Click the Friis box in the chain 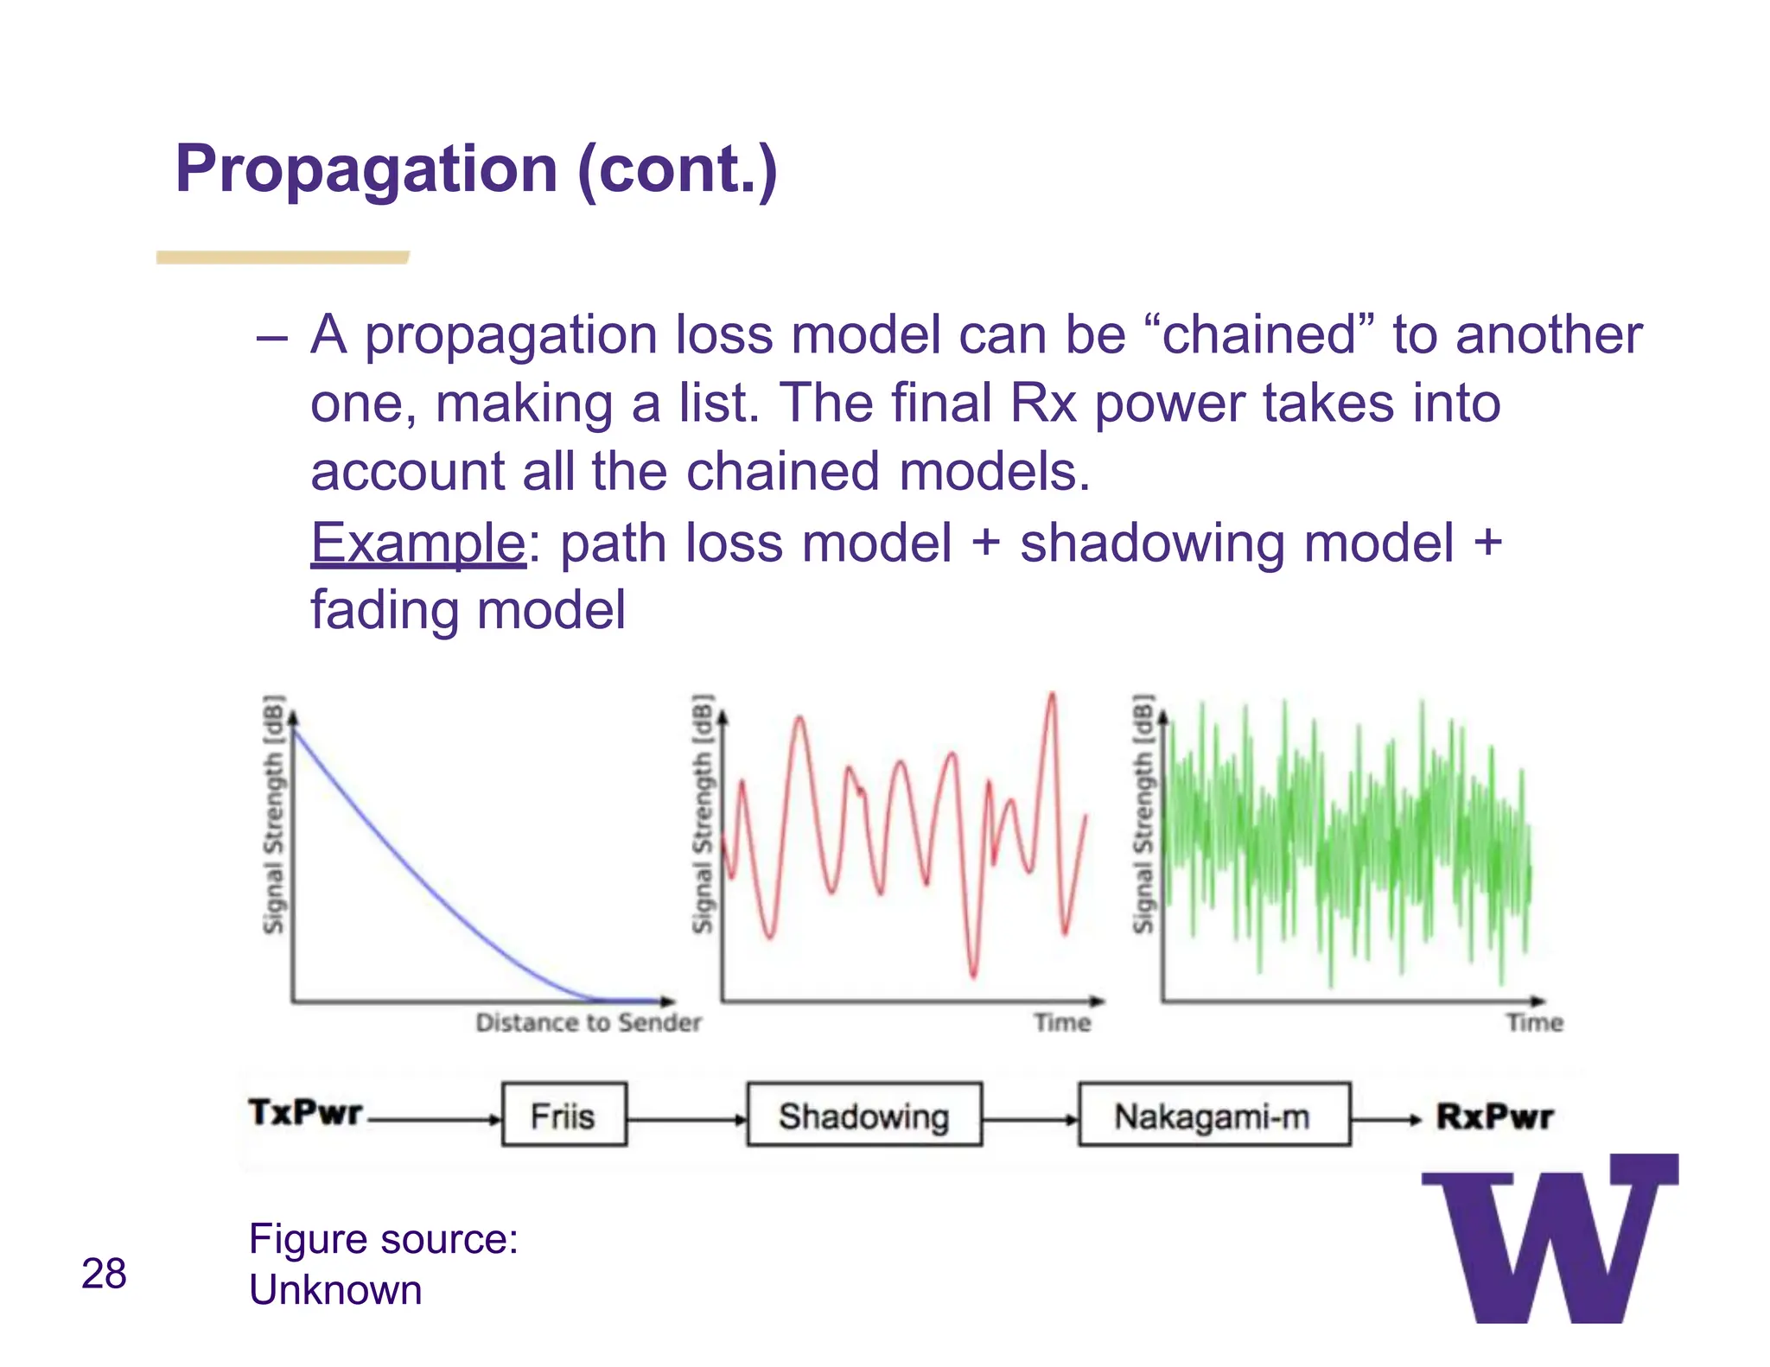pos(563,1115)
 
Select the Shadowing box pos(863,1115)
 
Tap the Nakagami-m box pos(1213,1115)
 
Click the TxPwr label pos(305,1112)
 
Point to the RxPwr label pos(1494,1116)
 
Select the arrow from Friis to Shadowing pos(686,1120)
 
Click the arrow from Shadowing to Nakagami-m pos(1029,1120)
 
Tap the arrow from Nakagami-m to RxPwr pos(1385,1120)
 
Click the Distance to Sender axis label pos(589,1023)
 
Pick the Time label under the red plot pos(1062,1023)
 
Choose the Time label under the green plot pos(1534,1023)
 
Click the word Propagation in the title pos(366,168)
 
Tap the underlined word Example pos(417,544)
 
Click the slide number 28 pos(104,1274)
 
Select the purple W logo pos(1549,1241)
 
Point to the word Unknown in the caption pos(335,1290)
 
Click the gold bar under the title pos(283,258)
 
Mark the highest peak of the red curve pos(1052,695)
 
